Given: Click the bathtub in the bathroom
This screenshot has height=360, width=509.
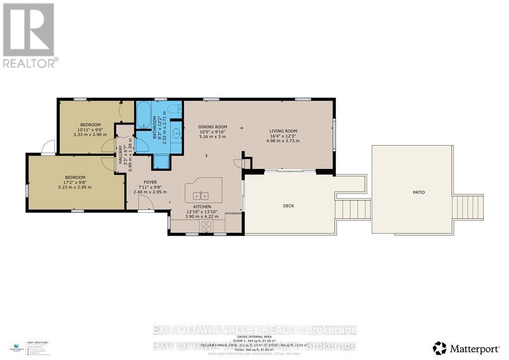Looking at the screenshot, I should pos(143,115).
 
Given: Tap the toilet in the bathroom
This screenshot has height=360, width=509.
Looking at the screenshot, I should pos(174,109).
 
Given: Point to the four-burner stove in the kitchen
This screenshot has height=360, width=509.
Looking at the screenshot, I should pos(206,226).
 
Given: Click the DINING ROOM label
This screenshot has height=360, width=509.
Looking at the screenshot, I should pos(212,127).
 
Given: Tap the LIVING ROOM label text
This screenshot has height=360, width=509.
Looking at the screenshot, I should pos(283,131).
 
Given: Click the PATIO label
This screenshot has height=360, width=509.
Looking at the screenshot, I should pos(418,192).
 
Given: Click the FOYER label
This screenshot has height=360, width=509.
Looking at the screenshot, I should pos(151,182).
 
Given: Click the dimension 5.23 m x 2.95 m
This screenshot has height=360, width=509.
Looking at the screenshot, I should pos(75,187).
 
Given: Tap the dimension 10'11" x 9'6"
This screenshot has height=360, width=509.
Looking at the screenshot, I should pos(90,129).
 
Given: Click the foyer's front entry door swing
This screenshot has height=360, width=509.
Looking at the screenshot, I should pos(146,203).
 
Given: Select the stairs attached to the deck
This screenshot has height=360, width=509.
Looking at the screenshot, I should pos(353,209).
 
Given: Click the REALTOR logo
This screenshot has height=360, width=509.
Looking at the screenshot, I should pos(29,35).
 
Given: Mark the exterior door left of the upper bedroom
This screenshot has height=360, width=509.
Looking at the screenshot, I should pos(48,148).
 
